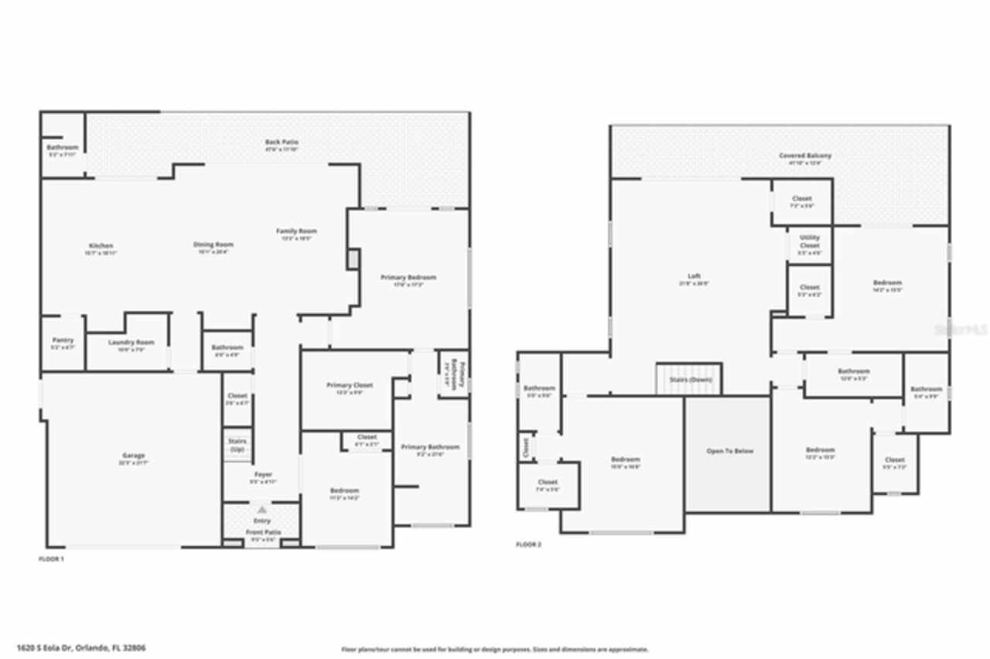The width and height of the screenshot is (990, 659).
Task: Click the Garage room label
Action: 132,456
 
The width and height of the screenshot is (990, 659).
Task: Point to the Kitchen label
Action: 101,246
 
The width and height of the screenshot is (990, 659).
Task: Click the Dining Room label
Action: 213,244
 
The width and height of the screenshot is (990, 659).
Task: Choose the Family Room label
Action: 297,231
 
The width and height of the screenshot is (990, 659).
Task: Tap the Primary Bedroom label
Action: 408,277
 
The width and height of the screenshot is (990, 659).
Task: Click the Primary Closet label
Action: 350,385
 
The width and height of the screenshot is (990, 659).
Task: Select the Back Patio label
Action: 282,142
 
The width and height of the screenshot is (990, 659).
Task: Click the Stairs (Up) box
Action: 237,445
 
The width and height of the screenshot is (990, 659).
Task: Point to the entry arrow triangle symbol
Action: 261,510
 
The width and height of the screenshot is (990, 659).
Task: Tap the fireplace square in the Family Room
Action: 353,259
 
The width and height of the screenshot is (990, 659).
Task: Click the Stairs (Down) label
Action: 688,380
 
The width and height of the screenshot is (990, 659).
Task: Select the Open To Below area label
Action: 729,451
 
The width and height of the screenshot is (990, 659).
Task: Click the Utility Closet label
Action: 809,242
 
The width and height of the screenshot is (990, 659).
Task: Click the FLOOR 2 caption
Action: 529,545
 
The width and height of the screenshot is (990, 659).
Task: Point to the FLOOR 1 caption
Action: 51,558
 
